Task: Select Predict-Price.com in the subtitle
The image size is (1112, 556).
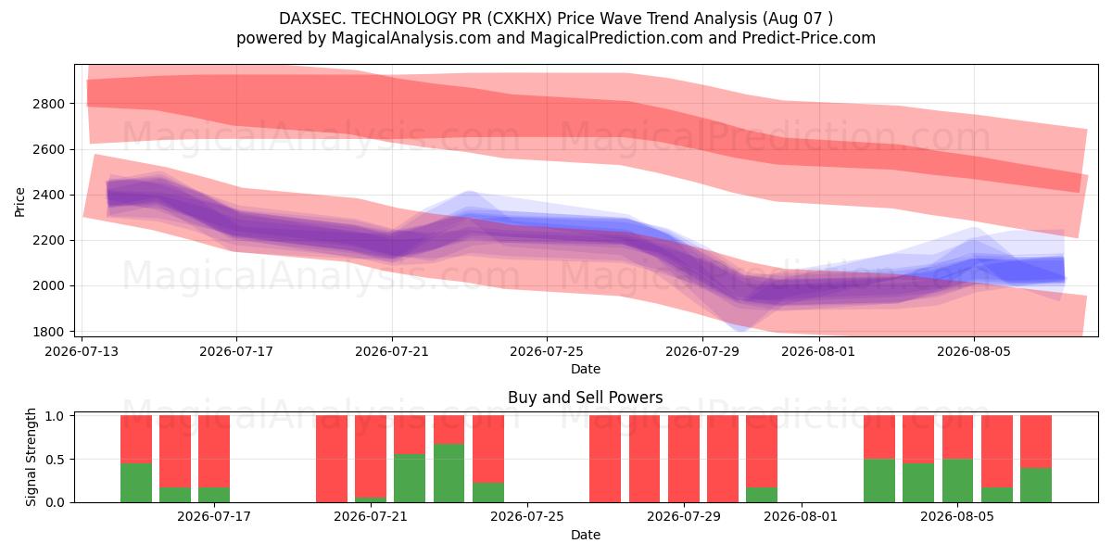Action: (809, 38)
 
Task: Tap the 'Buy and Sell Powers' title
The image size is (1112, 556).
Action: (586, 398)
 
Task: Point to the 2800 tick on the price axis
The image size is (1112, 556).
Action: (48, 104)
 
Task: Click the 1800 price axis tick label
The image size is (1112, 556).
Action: (48, 332)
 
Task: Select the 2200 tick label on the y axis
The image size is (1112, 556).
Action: (48, 240)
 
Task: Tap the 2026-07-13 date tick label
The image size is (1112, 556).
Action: (82, 351)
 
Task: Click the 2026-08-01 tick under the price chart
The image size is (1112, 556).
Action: (818, 351)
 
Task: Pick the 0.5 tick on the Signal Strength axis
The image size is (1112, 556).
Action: (55, 460)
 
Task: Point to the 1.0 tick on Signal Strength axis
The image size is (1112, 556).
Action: (55, 416)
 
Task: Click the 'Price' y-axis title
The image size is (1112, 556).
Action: (19, 202)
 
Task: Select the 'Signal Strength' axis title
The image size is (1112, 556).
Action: (31, 457)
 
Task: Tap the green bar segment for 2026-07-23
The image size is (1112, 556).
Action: (449, 474)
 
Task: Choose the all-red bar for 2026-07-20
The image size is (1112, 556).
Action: (332, 459)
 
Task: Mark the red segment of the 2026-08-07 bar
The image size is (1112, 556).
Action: (1036, 442)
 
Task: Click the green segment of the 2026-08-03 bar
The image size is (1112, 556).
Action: (879, 481)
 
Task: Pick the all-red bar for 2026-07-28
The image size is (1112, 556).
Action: (644, 459)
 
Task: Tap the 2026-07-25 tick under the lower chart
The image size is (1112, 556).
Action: (526, 517)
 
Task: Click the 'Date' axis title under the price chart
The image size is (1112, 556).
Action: (586, 369)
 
